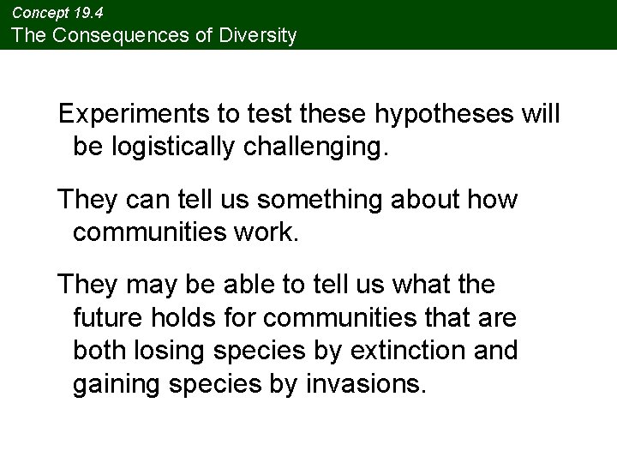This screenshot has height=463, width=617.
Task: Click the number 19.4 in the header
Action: coord(88,11)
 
